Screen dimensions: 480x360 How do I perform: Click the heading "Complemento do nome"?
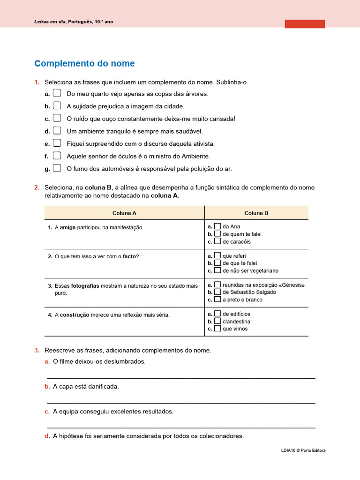[x=84, y=64]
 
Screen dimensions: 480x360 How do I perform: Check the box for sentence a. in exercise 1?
[x=57, y=93]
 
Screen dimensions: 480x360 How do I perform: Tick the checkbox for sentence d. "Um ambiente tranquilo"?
[x=57, y=130]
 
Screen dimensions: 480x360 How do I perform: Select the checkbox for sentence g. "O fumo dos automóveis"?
[x=57, y=168]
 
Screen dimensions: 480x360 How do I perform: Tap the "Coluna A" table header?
[x=124, y=213]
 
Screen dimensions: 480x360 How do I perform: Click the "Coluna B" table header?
[x=256, y=213]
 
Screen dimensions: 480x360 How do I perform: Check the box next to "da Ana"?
[x=217, y=226]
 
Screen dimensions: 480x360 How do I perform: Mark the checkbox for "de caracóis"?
[x=217, y=241]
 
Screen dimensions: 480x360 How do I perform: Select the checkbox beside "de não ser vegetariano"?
[x=217, y=270]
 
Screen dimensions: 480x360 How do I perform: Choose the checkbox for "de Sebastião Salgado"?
[x=217, y=292]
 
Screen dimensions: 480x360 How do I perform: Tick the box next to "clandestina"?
[x=217, y=321]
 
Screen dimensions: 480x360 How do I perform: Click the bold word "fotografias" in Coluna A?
[x=84, y=285]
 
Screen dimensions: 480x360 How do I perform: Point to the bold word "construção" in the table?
[x=75, y=315]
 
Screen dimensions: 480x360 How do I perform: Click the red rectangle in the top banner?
[x=305, y=24]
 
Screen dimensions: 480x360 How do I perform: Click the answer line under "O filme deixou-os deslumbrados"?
[x=181, y=378]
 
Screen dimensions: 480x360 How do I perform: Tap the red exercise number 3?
[x=37, y=350]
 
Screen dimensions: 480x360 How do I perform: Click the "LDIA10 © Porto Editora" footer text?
[x=303, y=450]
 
